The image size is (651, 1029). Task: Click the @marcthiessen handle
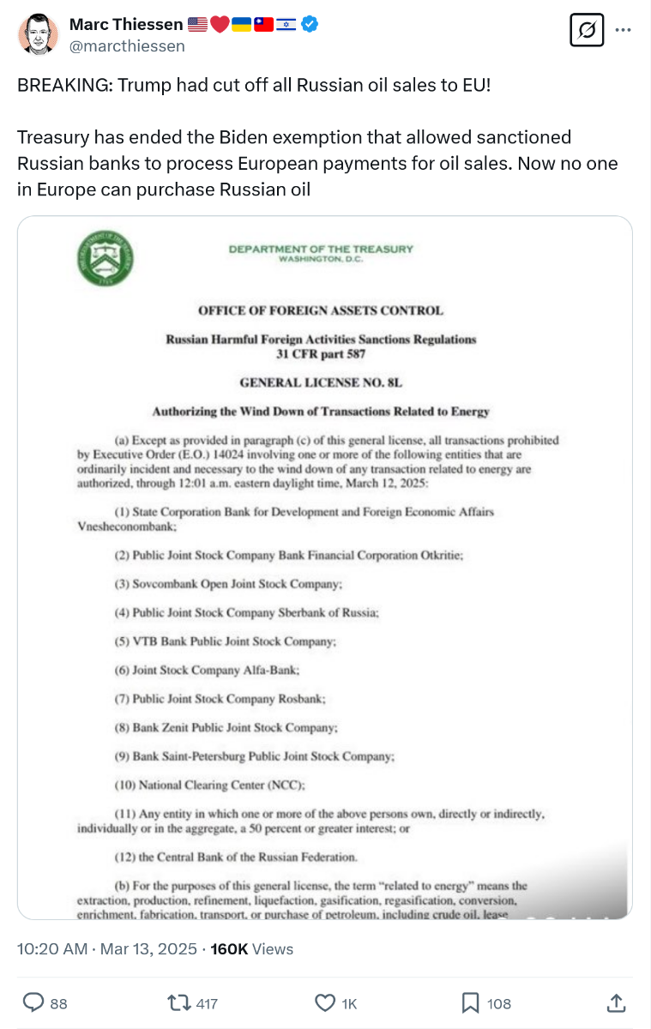point(127,46)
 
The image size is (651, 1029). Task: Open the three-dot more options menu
point(624,31)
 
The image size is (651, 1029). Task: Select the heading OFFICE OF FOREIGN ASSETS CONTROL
point(321,310)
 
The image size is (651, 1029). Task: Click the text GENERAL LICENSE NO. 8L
point(321,382)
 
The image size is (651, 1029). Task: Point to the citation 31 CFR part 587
point(321,353)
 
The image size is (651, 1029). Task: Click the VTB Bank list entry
point(226,641)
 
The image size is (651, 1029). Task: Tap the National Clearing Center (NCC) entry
point(210,785)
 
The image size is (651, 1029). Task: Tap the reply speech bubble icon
point(33,1002)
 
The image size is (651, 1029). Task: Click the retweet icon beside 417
point(178,1002)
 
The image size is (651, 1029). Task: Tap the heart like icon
point(325,1002)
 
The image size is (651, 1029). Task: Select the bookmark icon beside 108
point(471,1002)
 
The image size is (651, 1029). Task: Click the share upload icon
point(615,1002)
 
